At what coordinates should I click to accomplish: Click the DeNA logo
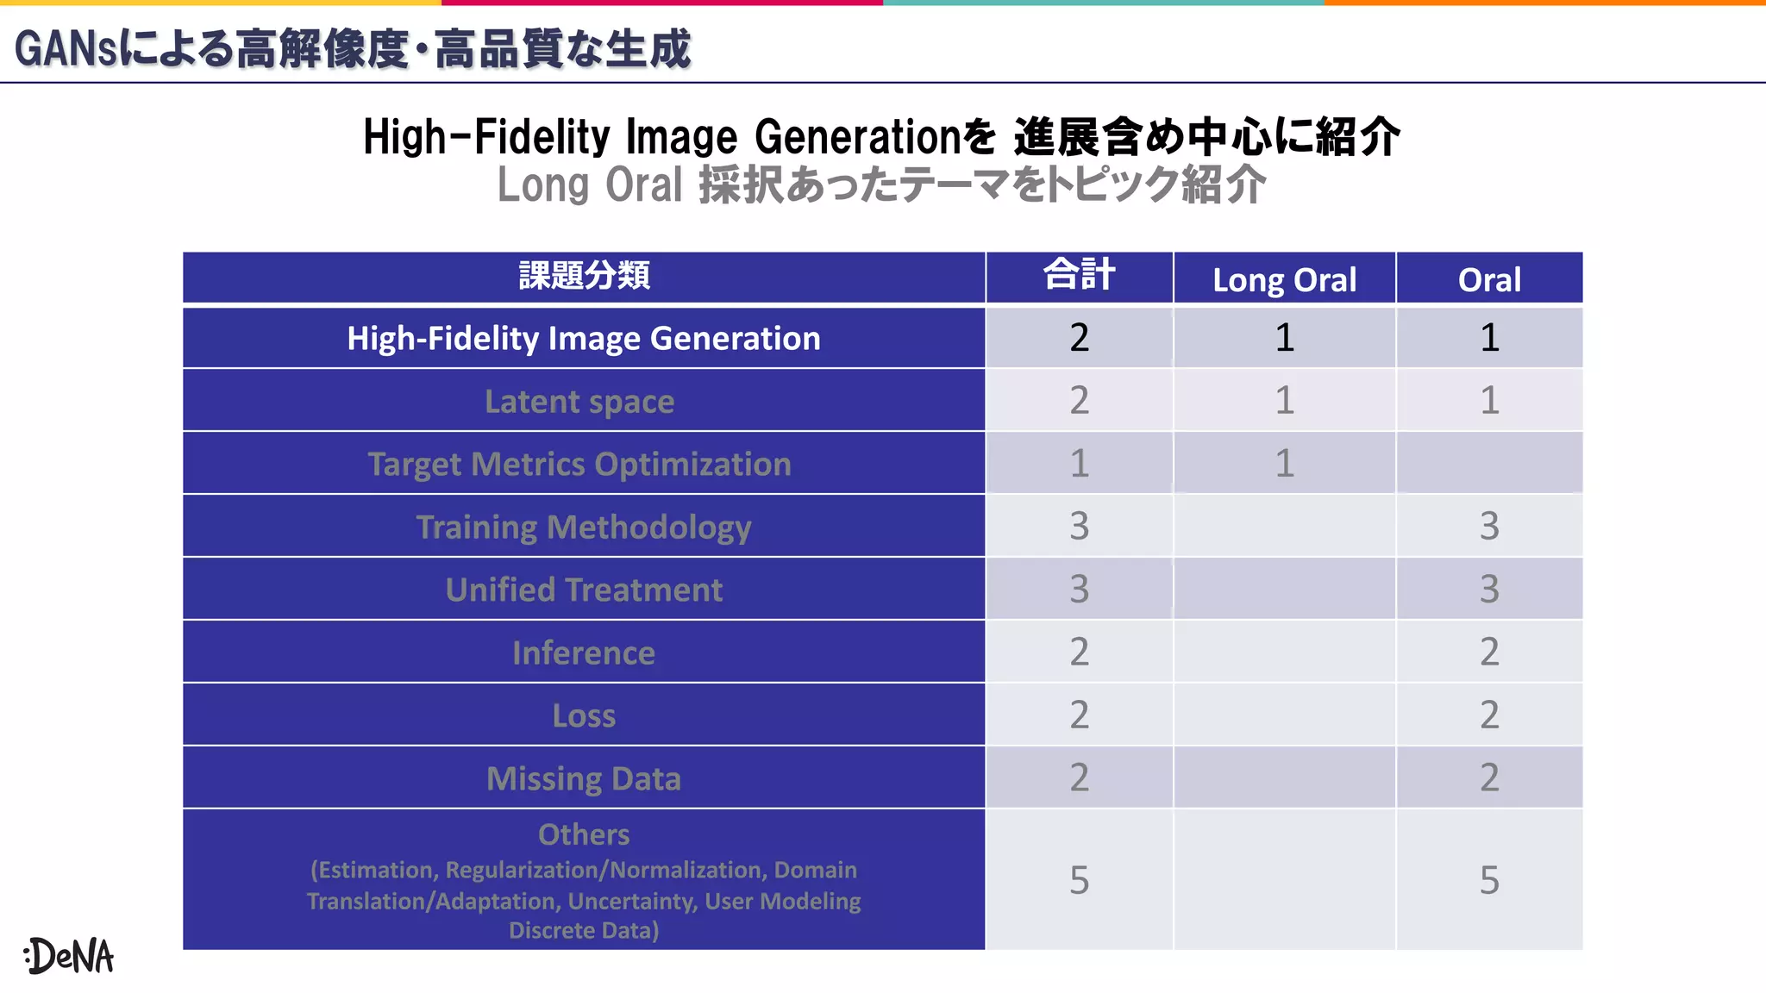[69, 956]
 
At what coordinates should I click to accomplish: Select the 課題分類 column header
[584, 277]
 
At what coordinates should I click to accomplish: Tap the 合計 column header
[1079, 276]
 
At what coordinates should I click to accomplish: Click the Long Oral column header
[1284, 280]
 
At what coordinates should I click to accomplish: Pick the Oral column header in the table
[1489, 280]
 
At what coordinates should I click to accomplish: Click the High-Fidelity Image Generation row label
[584, 339]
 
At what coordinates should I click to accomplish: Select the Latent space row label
[579, 402]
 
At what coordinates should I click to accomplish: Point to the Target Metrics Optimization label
[579, 465]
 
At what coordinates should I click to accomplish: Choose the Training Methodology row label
[584, 528]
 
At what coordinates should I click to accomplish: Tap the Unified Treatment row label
[584, 590]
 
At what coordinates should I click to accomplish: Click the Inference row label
[584, 653]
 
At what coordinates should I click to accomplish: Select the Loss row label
[584, 716]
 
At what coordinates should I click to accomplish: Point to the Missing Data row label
[584, 779]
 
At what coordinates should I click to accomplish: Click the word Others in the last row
[584, 834]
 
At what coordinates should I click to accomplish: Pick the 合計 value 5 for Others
[1079, 880]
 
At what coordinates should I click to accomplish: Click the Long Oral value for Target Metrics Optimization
[1284, 464]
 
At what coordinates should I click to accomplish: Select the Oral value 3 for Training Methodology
[1489, 526]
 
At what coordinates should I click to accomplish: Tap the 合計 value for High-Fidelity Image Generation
[1079, 337]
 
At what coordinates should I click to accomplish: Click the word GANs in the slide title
[65, 49]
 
